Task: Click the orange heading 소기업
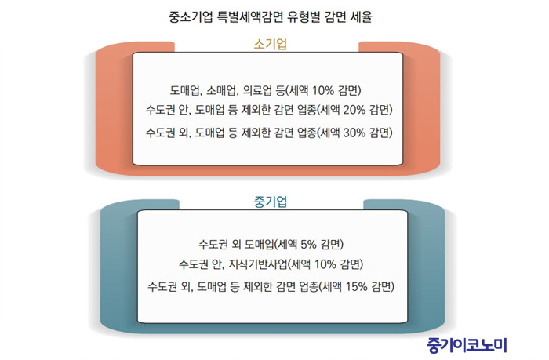[x=271, y=44]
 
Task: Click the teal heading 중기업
[x=271, y=202]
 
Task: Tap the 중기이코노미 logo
[x=467, y=345]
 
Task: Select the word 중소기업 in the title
[x=191, y=16]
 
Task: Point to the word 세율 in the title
[x=361, y=16]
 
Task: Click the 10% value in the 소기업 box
[x=323, y=90]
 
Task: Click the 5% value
[x=308, y=244]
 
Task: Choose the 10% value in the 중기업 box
[x=325, y=264]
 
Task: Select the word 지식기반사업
[x=258, y=264]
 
